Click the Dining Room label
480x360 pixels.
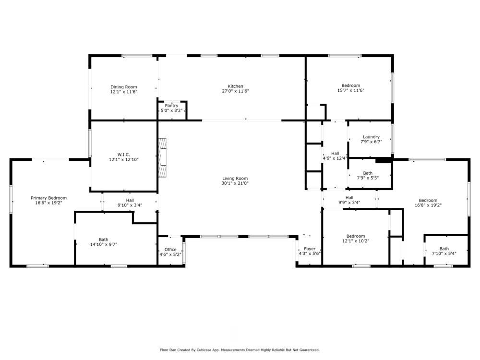124,87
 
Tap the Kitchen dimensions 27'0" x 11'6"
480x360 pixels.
235,91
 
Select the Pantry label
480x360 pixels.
171,106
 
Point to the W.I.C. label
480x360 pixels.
124,154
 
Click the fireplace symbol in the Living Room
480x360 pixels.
163,158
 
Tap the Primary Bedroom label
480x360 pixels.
48,198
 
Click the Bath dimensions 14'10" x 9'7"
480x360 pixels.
104,244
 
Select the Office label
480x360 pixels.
170,249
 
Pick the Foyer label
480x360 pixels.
310,249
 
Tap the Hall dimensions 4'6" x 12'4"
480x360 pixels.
335,158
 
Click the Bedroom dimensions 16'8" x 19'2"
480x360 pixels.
428,205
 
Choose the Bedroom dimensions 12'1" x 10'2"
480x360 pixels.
356,241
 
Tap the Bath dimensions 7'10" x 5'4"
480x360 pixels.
444,253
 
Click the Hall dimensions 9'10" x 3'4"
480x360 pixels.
130,205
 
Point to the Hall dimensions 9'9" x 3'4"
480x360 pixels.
349,203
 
